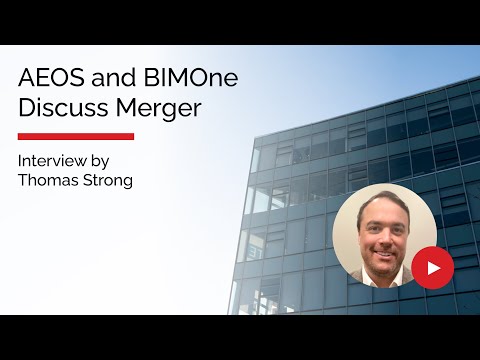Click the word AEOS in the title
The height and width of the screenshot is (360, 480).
pos(48,78)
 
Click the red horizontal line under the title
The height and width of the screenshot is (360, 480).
pos(76,136)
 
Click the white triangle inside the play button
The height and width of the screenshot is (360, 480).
pos(433,268)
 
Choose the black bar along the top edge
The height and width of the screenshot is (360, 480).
pos(240,22)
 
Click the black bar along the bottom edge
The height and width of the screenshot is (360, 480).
pos(240,337)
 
